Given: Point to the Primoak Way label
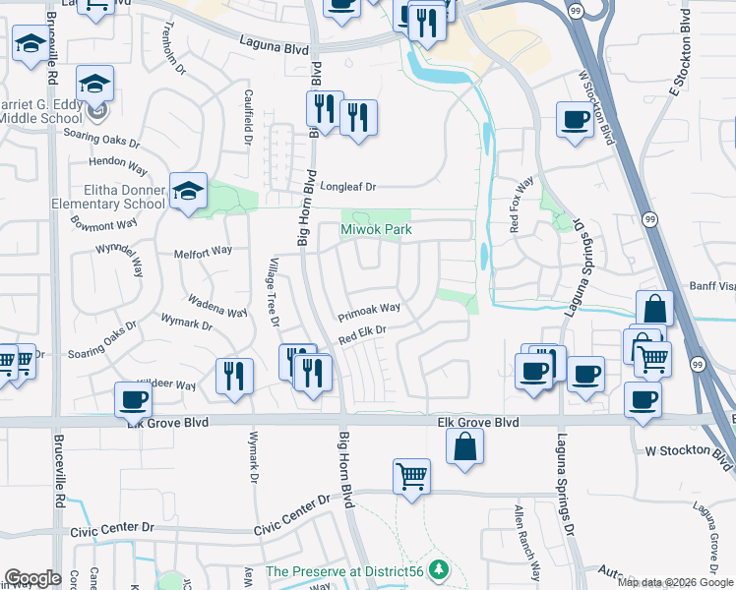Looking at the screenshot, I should pos(370,312).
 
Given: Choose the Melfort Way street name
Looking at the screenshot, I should pos(203,251).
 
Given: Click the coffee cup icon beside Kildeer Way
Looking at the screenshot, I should pos(133,398).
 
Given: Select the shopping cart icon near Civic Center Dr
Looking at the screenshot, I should pos(412,476).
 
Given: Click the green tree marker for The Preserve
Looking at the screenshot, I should pos(440,569).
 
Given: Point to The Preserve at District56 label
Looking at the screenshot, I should pos(348,571).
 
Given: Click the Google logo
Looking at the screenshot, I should pos(31,578).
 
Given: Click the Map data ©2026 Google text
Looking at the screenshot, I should pos(674,582).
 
